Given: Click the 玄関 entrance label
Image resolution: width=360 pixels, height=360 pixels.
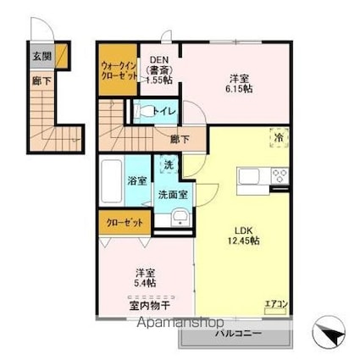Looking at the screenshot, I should (42, 56).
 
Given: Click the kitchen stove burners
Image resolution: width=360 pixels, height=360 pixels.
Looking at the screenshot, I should (279, 176).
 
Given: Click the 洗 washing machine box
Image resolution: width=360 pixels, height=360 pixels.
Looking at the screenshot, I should (169, 166).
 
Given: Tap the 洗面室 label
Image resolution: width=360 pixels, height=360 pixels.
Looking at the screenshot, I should (173, 194).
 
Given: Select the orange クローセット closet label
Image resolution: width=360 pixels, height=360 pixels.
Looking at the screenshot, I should (124, 224).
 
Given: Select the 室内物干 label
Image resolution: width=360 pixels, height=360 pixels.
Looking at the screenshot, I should (146, 305).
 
